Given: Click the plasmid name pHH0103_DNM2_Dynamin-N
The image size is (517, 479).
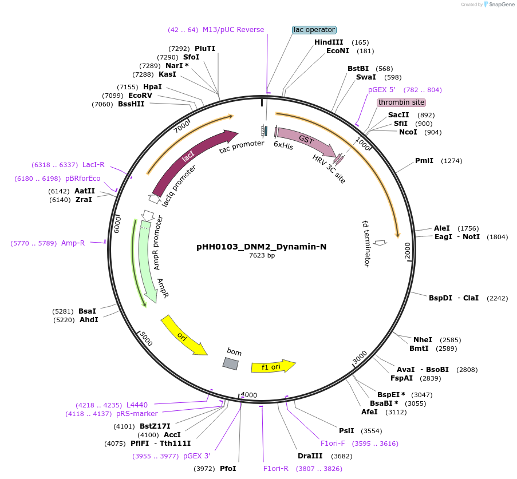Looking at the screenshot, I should coord(261,247).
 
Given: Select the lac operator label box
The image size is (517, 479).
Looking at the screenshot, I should coord(314,30).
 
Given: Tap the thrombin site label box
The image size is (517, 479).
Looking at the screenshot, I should coord(401,102).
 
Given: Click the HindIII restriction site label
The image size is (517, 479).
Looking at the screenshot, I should coord(329,42).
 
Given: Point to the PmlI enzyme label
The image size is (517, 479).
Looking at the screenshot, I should coord(424,161).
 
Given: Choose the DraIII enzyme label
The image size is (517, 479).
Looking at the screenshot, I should coord(310,456).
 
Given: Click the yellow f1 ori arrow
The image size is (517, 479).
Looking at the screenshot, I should coord(273,366).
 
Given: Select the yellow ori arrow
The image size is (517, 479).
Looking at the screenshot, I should coord(183,335).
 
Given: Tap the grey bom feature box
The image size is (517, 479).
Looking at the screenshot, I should coord(230,363).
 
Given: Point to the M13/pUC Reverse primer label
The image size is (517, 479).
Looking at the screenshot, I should coord(233,30).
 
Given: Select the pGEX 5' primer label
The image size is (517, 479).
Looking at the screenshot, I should coord(381,90).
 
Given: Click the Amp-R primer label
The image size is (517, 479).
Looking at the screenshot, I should coord(73,243).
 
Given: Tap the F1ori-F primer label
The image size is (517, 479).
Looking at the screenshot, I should coord(333,444).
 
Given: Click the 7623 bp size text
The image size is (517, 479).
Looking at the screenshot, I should coord(261,256).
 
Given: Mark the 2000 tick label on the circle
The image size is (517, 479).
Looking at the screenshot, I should coord(408,251).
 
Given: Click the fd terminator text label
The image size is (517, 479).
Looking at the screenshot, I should coord(366,243).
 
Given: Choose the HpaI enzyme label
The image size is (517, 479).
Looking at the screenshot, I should coord(152,87).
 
